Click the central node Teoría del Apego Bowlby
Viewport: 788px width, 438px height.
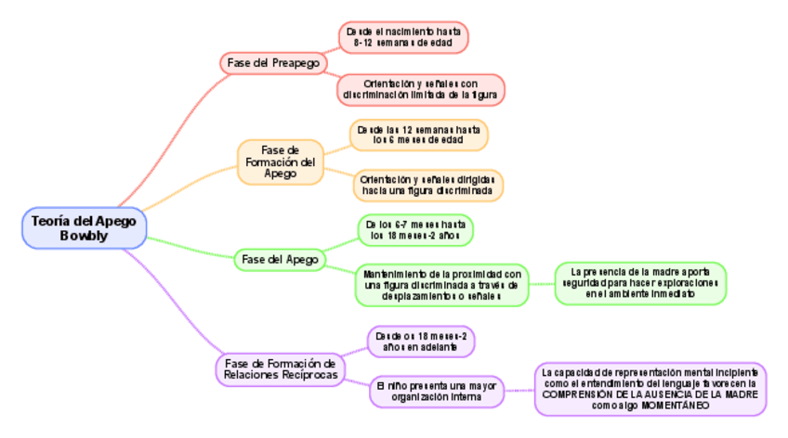click(x=84, y=227)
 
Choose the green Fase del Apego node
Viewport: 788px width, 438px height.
click(x=280, y=259)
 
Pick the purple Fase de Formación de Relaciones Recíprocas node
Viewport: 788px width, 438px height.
click(x=280, y=368)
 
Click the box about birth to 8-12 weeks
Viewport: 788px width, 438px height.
click(x=403, y=37)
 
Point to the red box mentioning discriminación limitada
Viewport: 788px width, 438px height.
click(x=421, y=89)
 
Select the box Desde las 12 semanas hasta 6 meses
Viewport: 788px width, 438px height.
click(x=418, y=135)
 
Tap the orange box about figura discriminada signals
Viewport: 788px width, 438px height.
click(x=427, y=186)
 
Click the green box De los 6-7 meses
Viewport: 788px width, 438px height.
click(x=415, y=230)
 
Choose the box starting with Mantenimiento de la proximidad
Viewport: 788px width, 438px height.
click(x=441, y=285)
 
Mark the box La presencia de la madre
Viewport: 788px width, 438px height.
click(x=640, y=283)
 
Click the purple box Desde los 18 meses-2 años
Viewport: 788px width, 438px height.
click(x=421, y=341)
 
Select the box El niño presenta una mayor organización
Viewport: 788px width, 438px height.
click(x=436, y=391)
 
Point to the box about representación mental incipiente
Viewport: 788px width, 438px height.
click(x=650, y=388)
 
